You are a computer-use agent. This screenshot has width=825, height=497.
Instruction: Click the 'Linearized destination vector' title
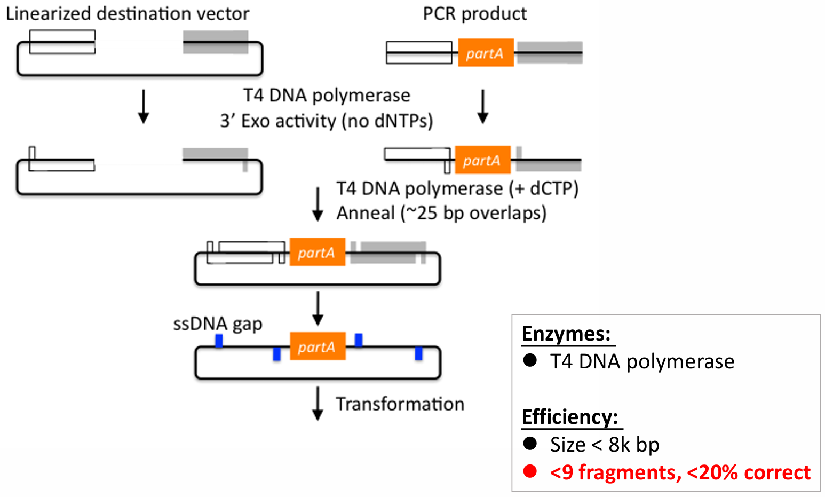click(128, 14)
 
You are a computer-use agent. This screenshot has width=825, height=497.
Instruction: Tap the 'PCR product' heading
click(474, 14)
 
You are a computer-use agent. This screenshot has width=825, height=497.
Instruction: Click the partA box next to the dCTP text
click(482, 160)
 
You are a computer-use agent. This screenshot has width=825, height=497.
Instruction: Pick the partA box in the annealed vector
click(317, 252)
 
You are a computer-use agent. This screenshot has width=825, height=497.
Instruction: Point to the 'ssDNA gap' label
click(218, 324)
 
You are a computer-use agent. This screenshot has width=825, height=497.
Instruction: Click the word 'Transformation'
click(400, 404)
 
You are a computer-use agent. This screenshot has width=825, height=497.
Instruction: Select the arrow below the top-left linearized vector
click(143, 107)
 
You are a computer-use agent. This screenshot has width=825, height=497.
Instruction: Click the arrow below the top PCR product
click(482, 107)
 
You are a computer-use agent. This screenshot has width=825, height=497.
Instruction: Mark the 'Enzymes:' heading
click(566, 334)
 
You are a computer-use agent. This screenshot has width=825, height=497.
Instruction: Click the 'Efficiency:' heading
click(570, 417)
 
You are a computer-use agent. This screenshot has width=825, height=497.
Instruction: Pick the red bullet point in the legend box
click(530, 472)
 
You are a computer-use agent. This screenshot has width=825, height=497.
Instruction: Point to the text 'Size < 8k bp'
click(605, 445)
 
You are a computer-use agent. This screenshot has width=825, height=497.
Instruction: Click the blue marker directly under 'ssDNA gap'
click(219, 341)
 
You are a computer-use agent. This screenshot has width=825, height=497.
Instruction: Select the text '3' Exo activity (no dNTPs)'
click(327, 121)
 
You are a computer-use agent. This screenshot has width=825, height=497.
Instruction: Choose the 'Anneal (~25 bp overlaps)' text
click(441, 213)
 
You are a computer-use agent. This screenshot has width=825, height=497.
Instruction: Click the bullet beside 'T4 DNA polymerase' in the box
click(530, 361)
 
